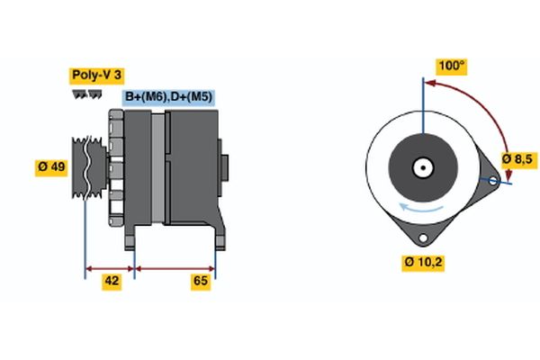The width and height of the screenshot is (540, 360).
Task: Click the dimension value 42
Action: click(x=112, y=282)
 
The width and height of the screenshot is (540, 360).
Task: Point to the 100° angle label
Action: click(x=451, y=66)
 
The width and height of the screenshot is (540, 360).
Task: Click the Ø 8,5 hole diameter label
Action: click(x=517, y=159)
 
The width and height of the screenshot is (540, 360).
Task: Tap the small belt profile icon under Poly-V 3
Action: click(x=87, y=94)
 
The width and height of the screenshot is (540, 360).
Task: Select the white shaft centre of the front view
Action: click(x=421, y=166)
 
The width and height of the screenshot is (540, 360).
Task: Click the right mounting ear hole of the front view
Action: click(x=492, y=180)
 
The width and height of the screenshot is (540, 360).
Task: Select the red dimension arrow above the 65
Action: click(x=175, y=267)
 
